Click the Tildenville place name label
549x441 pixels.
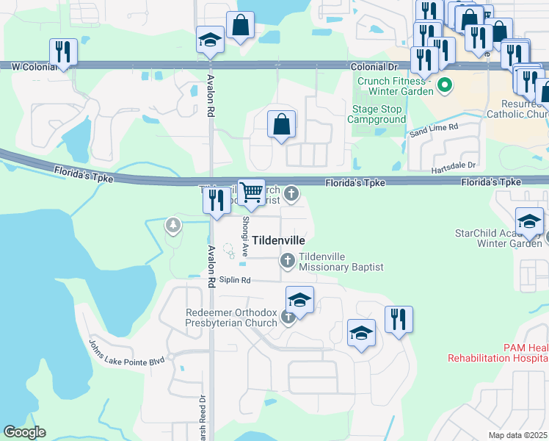(278, 240)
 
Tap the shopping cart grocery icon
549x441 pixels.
(252, 193)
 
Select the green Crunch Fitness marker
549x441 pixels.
(444, 87)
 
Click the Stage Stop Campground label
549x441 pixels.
(376, 114)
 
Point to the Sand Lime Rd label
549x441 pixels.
(434, 129)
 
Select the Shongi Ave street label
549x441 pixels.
(246, 237)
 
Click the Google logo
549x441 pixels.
(25, 432)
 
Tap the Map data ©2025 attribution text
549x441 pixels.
(517, 435)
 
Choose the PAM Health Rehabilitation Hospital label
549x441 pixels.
(498, 352)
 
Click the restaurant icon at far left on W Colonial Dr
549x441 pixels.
(63, 51)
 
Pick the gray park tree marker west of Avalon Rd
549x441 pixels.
(173, 225)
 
